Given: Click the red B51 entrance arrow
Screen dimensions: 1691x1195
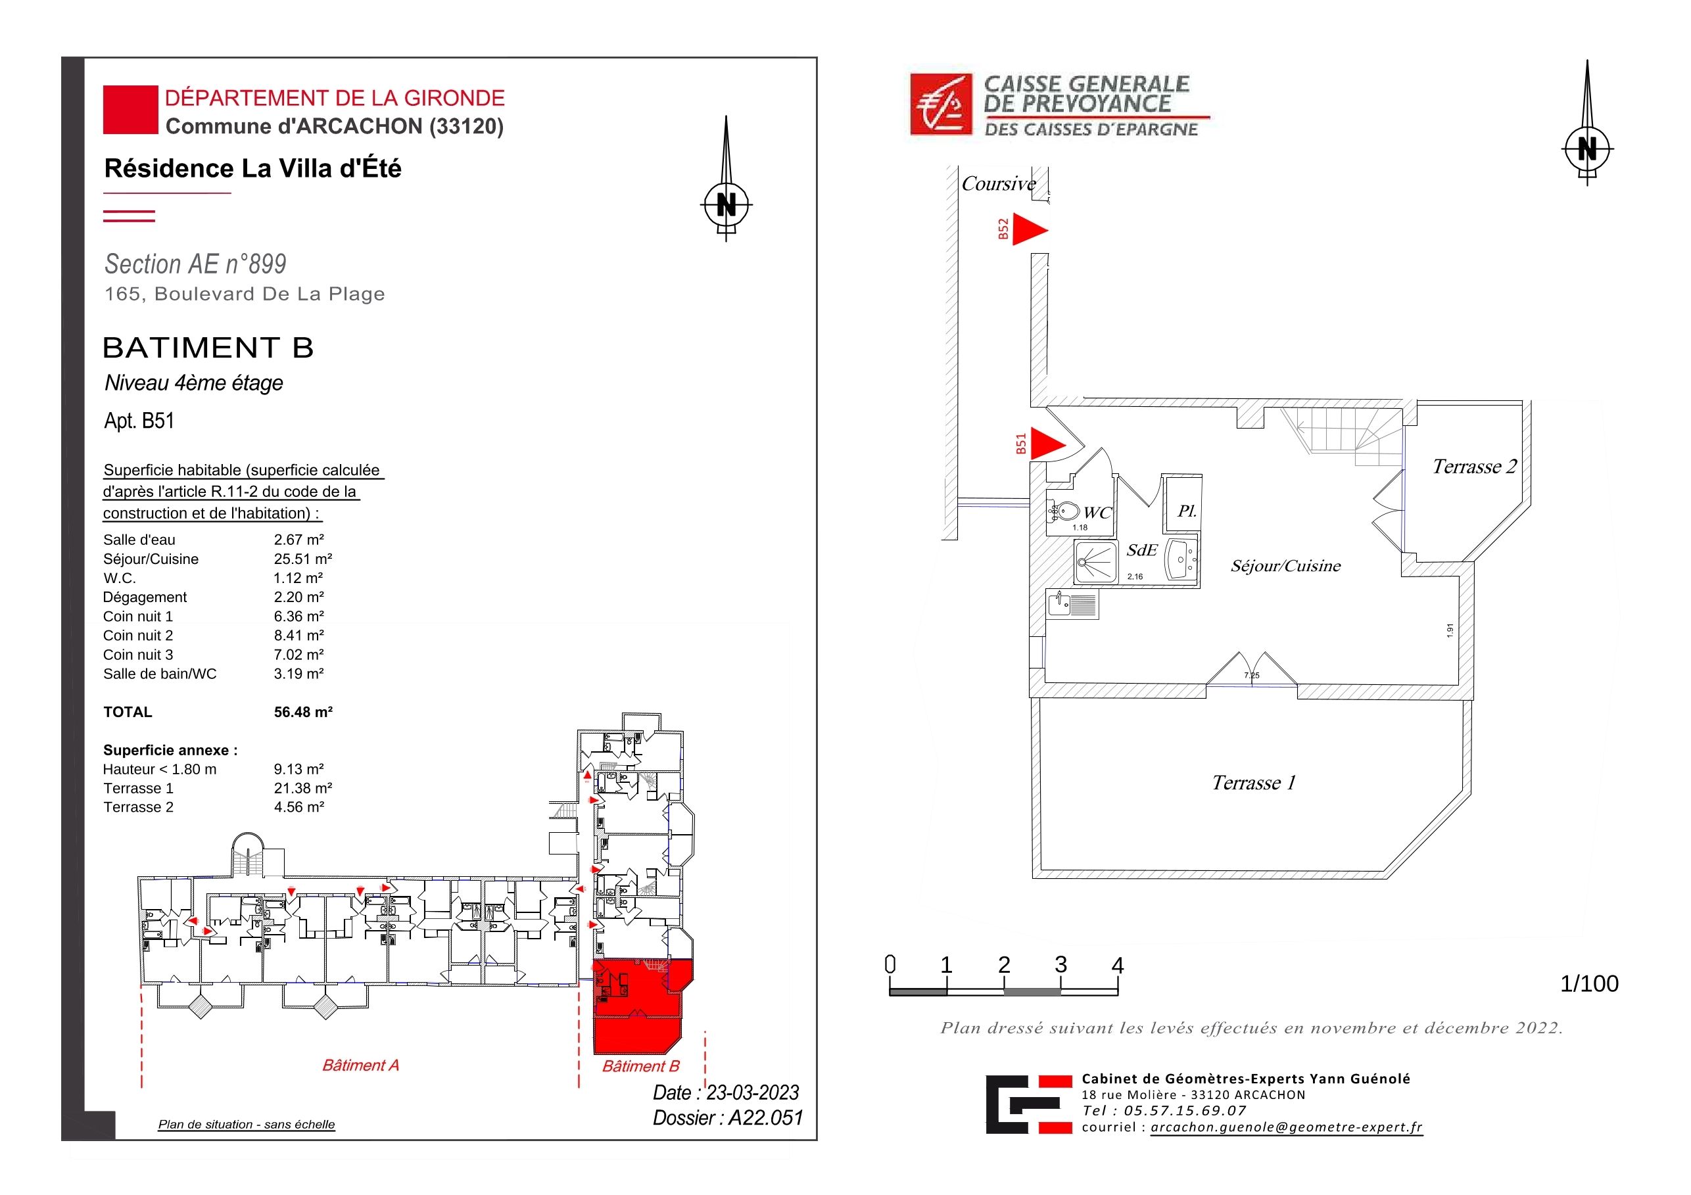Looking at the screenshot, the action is coord(1046,443).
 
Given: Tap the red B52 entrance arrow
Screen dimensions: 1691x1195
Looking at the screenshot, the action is coord(1028,229).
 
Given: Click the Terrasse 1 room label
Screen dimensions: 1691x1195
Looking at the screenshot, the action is coord(1254,783).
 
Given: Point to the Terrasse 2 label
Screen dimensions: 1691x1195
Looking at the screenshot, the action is coord(1475,467).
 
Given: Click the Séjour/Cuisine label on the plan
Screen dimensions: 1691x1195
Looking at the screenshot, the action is coord(1286,565).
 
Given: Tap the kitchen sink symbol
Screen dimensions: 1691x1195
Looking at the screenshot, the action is coord(1072,604).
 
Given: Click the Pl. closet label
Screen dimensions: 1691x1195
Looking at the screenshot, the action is coord(1187,510).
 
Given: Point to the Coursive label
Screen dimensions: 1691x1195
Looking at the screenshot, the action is coord(999,183).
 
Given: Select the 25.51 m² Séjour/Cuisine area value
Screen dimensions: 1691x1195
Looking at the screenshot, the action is coord(302,559).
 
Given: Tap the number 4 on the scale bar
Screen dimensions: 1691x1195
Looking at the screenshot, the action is coord(1117,966).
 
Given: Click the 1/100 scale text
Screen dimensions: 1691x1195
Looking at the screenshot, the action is coord(1589,984).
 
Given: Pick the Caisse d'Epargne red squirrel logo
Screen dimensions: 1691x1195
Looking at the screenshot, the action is coord(941,105).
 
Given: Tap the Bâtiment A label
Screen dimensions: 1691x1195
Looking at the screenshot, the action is coord(361,1066).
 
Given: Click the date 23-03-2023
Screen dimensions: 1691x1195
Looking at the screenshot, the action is coord(753,1092).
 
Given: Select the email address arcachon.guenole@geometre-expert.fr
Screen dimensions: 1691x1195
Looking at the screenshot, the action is coord(1287,1127).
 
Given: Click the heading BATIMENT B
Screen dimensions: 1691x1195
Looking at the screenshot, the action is coord(208,348).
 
